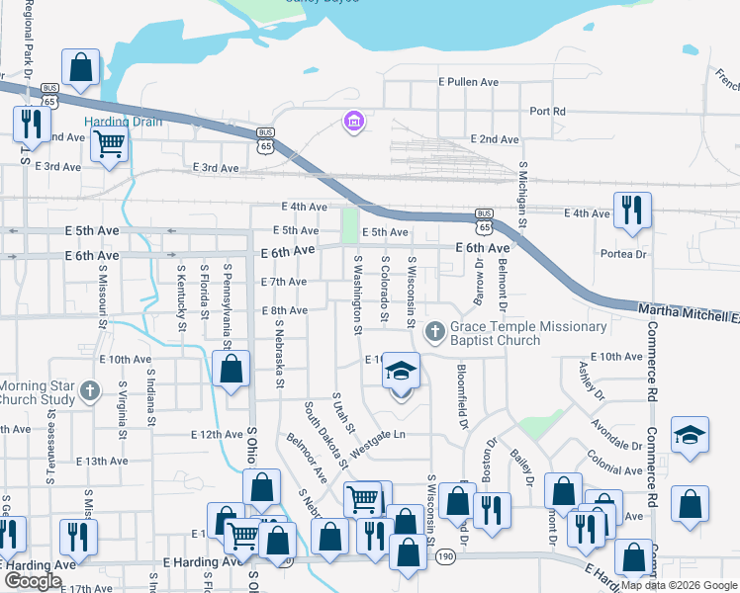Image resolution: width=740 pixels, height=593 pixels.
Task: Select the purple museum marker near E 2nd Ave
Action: click(x=353, y=123)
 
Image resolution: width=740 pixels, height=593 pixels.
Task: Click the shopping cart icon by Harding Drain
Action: click(x=110, y=143)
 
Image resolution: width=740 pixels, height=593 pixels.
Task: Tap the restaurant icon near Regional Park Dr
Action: click(x=31, y=123)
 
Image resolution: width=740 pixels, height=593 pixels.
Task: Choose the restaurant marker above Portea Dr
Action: click(x=631, y=210)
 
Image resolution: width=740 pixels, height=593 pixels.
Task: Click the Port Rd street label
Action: click(x=547, y=112)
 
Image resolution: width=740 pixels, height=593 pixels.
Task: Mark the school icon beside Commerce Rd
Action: click(x=690, y=435)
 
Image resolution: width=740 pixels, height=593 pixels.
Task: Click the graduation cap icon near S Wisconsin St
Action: click(x=401, y=372)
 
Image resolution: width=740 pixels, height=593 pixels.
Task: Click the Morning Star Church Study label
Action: click(x=38, y=392)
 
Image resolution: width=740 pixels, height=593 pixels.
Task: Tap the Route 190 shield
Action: click(x=445, y=558)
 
